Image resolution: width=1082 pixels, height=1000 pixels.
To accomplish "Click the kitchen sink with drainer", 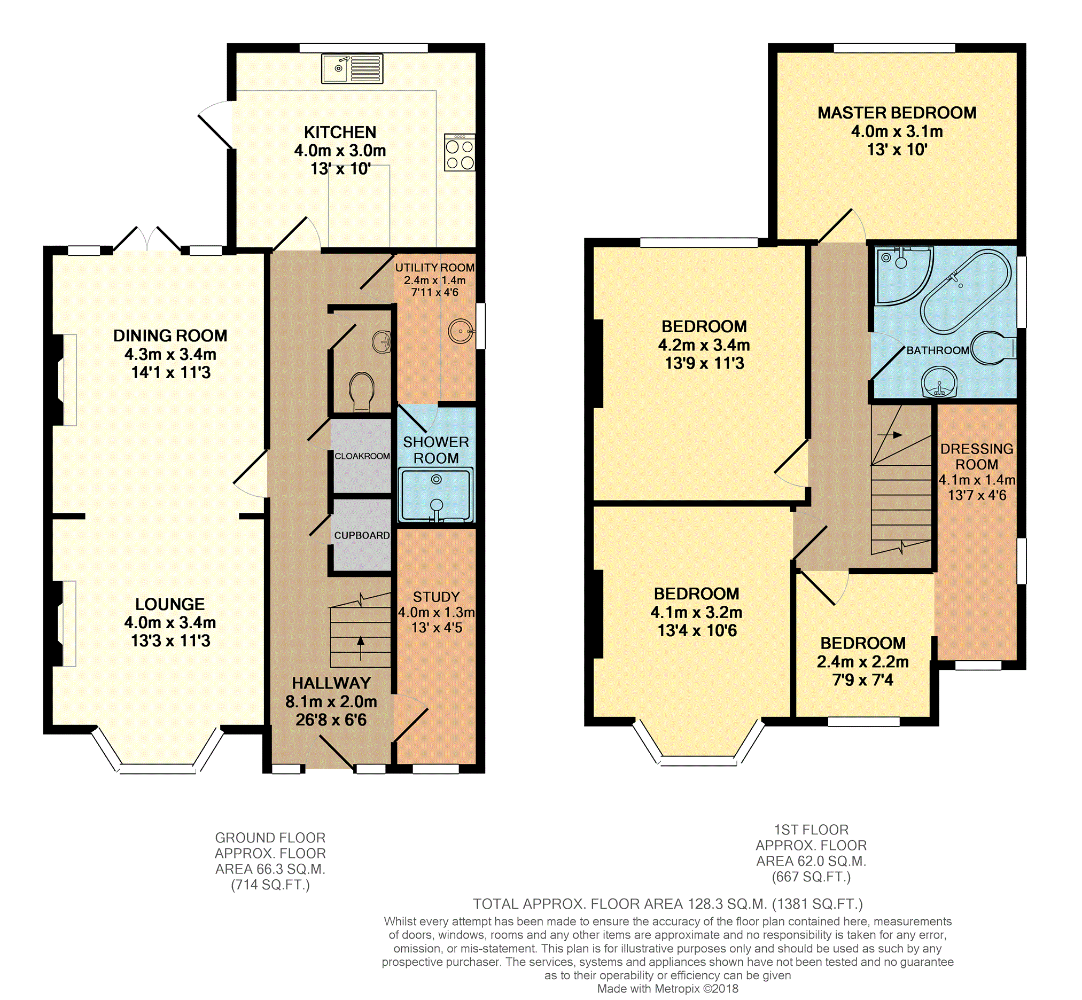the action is point(352,69).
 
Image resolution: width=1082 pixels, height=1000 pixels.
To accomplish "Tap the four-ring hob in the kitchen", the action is point(460,153).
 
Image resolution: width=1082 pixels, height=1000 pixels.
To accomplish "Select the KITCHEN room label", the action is point(340,132).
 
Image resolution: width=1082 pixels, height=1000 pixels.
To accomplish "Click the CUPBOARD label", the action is point(362,535).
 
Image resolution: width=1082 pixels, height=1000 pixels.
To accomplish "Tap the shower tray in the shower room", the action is point(436,496).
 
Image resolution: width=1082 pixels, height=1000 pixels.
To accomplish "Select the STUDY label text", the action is point(436,597).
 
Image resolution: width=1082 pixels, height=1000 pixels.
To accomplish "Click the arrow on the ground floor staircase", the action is point(361,648).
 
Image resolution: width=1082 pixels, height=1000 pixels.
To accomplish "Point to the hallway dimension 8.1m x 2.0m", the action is point(331,701).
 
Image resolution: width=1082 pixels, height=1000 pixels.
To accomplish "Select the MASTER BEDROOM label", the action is point(897,113).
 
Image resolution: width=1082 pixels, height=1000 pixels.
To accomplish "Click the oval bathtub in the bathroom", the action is point(966,291).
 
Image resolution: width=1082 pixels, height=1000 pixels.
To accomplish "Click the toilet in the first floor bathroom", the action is point(993,347).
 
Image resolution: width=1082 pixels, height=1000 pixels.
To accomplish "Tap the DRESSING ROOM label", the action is point(977,456).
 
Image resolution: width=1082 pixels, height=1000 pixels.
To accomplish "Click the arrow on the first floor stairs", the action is point(890,434).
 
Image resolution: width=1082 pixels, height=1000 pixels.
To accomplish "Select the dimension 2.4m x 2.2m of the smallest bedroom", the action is point(863,661).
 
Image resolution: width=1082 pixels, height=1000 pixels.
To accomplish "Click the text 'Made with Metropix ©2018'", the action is point(667,989).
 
